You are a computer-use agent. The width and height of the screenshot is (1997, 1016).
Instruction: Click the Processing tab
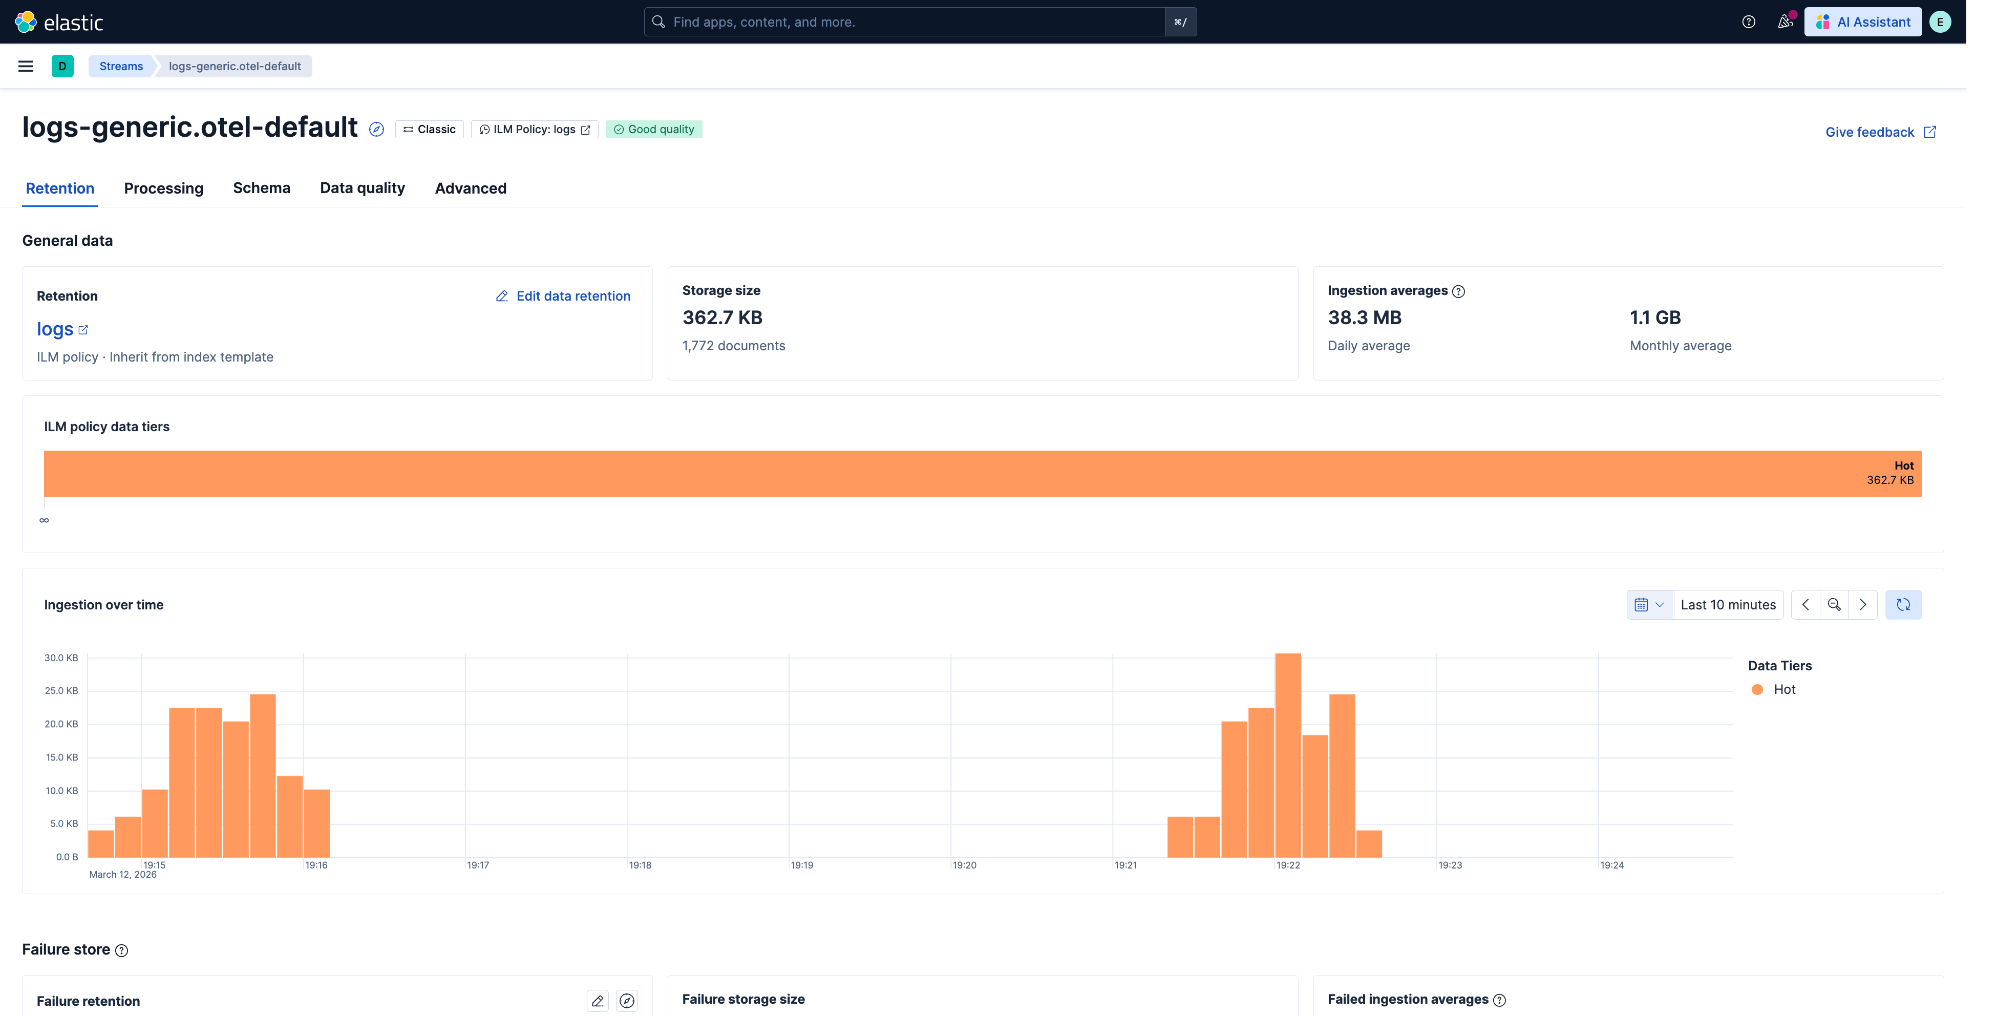click(x=163, y=188)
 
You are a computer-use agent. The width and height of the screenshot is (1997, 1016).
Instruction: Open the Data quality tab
click(x=362, y=188)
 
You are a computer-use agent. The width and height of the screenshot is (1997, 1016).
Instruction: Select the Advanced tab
click(x=471, y=188)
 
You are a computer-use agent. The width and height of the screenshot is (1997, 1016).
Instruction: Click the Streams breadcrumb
click(x=121, y=66)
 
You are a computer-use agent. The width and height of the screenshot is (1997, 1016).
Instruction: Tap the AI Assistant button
click(x=1863, y=22)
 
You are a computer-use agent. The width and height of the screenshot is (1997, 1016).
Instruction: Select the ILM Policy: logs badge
click(x=534, y=130)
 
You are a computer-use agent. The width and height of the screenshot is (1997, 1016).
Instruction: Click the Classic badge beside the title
click(x=430, y=130)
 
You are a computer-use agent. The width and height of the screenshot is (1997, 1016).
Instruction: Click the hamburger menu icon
click(x=26, y=66)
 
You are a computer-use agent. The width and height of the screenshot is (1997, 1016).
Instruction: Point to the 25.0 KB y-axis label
click(x=61, y=690)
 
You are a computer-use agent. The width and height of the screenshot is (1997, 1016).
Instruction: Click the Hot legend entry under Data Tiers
click(x=1774, y=689)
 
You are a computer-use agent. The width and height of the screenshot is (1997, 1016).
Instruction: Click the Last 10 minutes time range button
click(x=1728, y=605)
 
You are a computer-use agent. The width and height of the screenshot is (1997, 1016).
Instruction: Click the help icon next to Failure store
click(x=122, y=951)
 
